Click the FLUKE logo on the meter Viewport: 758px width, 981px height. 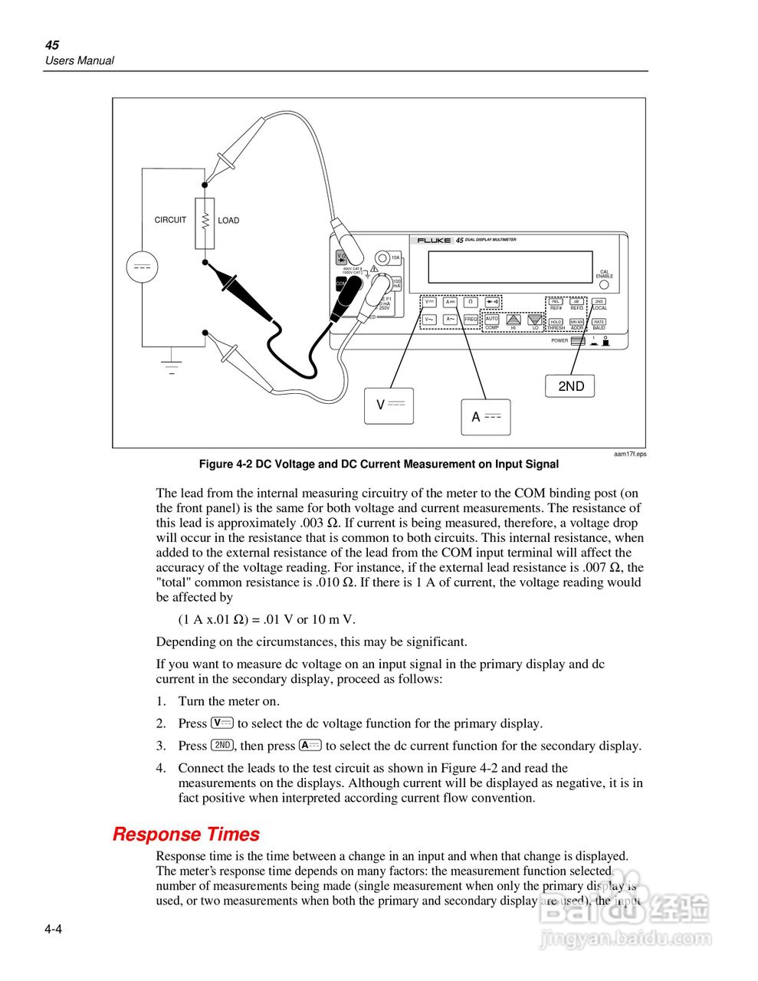[x=434, y=240]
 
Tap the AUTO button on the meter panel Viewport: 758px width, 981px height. [x=491, y=319]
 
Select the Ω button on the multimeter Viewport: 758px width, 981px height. [x=471, y=302]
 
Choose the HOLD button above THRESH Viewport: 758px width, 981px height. [x=556, y=322]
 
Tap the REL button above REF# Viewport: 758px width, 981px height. [x=556, y=302]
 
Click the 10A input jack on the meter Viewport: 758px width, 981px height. [x=383, y=258]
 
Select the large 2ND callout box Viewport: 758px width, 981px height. [x=570, y=386]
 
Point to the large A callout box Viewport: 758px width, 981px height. [x=485, y=417]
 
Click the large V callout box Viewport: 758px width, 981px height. [x=389, y=405]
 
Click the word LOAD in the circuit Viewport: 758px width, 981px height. [x=228, y=221]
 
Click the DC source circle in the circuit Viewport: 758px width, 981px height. [x=142, y=267]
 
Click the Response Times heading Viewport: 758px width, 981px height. [x=186, y=835]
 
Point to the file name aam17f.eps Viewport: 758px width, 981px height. [x=630, y=454]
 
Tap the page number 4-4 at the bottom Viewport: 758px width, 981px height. [x=53, y=930]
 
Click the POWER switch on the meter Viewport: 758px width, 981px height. [x=578, y=341]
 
